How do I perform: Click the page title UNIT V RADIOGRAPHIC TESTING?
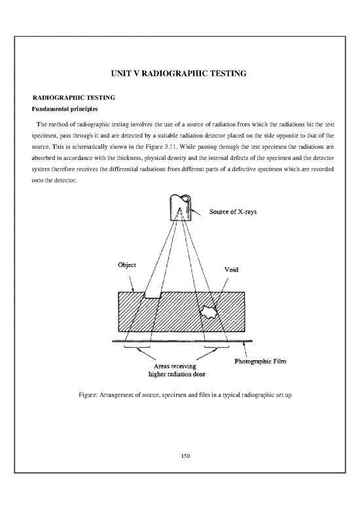180,77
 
